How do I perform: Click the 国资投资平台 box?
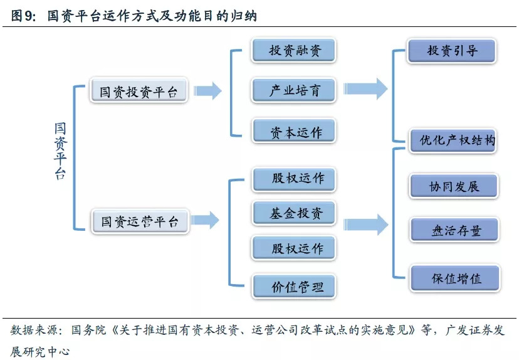tap(139, 92)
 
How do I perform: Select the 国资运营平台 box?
tap(139, 221)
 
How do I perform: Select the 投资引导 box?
tap(451, 51)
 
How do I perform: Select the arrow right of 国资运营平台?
tap(206, 220)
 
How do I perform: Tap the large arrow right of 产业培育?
tap(366, 89)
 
